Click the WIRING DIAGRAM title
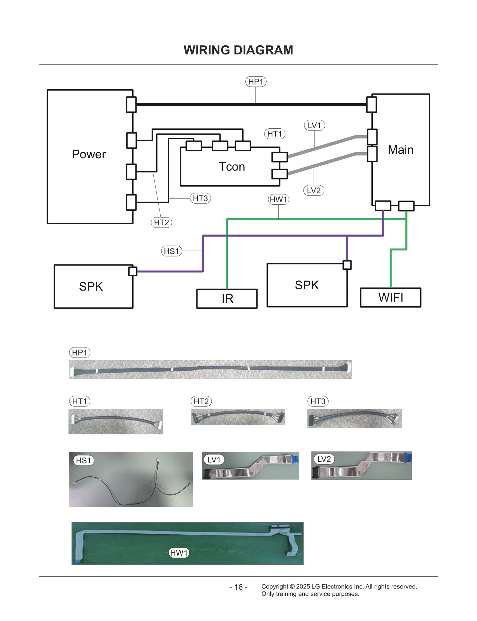point(238,50)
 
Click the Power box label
point(89,154)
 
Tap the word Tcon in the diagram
point(232,167)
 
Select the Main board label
point(400,150)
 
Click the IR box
point(227,298)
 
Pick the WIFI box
point(391,297)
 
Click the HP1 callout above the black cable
point(255,82)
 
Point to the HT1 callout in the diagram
point(275,134)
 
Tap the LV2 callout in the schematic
point(314,190)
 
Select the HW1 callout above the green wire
point(278,199)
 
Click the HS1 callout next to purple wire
point(171,251)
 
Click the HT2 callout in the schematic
point(161,223)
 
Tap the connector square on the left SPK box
point(133,271)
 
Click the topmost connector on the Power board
point(131,105)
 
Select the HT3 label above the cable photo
point(318,401)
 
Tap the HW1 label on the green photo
point(179,553)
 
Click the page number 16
point(238,587)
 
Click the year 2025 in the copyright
point(303,586)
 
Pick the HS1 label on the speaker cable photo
point(83,460)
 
